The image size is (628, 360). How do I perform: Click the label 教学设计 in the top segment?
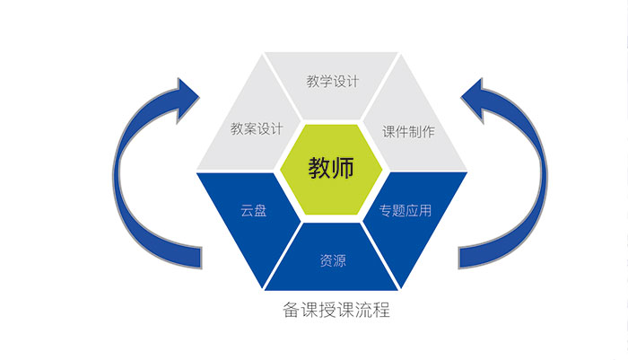click(x=332, y=82)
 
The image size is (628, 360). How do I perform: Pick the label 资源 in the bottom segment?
click(x=333, y=261)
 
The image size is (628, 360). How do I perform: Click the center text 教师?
click(x=332, y=168)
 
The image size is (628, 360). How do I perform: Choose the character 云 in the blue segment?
click(x=247, y=212)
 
